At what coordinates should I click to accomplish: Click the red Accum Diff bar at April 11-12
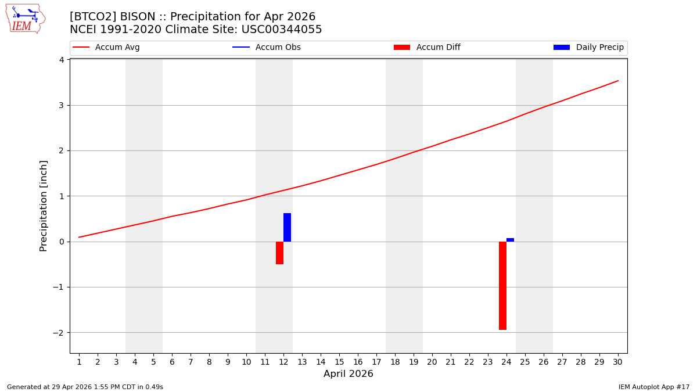tap(279, 253)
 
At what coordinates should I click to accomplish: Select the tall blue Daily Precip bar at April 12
tap(287, 227)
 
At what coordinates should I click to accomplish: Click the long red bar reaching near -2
tap(502, 286)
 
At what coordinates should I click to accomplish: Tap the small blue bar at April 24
tap(510, 240)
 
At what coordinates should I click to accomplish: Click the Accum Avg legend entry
tap(107, 48)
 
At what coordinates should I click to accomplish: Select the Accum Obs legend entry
tap(267, 48)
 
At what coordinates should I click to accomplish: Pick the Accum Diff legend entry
tap(427, 48)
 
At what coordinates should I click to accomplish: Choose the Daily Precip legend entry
tap(589, 48)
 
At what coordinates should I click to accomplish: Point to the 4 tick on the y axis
tap(61, 60)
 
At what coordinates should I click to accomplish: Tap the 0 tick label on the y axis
tap(61, 242)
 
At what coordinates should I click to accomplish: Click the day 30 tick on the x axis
tap(617, 362)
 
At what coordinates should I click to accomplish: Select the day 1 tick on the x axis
tap(79, 362)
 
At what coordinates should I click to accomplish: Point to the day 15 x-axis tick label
tap(339, 362)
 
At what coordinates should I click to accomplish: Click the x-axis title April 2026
tap(348, 374)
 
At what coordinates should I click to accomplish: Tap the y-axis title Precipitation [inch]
tap(44, 206)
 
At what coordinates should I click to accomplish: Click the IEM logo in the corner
tap(25, 19)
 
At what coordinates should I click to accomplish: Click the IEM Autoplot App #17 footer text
tap(654, 387)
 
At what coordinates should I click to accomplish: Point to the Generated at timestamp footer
tap(85, 387)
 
